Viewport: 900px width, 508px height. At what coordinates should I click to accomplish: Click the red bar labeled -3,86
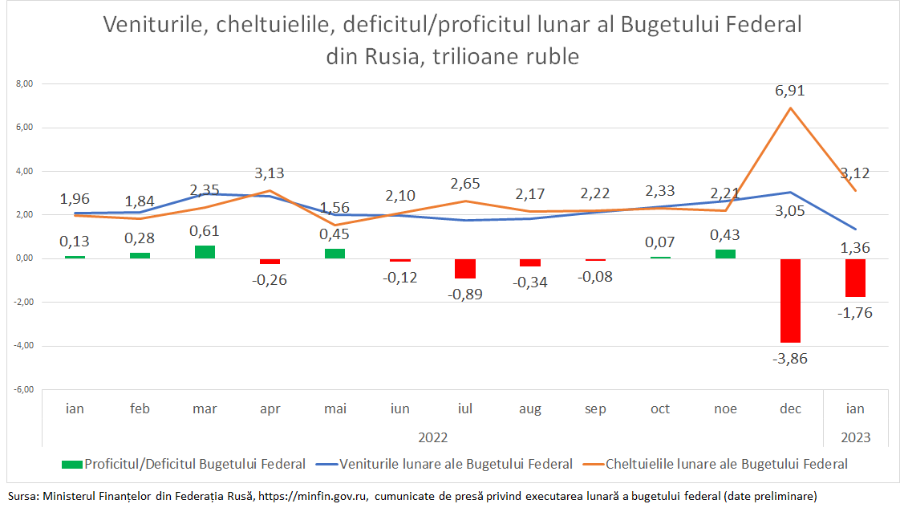pyautogui.click(x=790, y=300)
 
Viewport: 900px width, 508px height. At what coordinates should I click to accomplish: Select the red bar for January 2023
pyautogui.click(x=855, y=278)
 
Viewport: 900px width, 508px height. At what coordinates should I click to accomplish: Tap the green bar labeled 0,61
pyautogui.click(x=205, y=252)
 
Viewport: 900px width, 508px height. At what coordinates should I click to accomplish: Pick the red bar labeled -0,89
pyautogui.click(x=465, y=268)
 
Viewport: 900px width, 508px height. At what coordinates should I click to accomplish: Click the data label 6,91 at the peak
pyautogui.click(x=789, y=91)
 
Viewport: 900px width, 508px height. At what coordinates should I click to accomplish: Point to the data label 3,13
pyautogui.click(x=270, y=173)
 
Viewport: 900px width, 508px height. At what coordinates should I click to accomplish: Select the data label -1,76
pyautogui.click(x=855, y=313)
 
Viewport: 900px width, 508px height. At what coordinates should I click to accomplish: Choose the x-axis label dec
pyautogui.click(x=790, y=409)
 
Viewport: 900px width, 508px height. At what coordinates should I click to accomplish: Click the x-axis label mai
pyautogui.click(x=335, y=409)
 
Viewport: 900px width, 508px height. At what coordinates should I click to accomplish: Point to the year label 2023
pyautogui.click(x=855, y=438)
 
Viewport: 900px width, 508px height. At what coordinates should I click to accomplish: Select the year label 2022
pyautogui.click(x=433, y=438)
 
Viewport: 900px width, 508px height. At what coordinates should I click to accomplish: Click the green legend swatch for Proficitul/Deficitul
pyautogui.click(x=71, y=464)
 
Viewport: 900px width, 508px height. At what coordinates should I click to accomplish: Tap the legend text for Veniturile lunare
pyautogui.click(x=456, y=464)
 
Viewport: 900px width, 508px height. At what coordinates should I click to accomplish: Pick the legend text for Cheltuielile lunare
pyautogui.click(x=727, y=464)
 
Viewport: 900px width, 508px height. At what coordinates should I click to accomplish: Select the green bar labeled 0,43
pyautogui.click(x=725, y=254)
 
